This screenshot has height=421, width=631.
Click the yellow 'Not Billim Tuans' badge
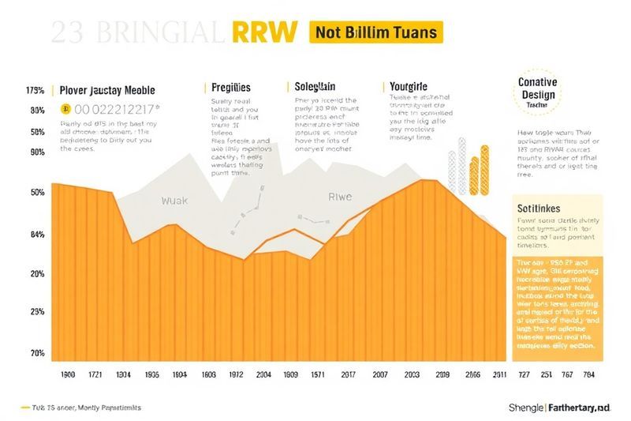pos(378,32)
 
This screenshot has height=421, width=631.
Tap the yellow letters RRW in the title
pos(265,32)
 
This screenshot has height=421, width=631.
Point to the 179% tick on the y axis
pos(36,90)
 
